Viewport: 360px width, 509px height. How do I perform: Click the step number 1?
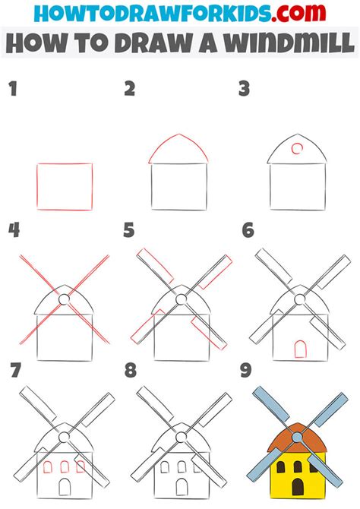click(x=12, y=90)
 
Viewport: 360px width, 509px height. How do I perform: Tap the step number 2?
click(x=130, y=90)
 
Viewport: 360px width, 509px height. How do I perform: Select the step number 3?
click(x=245, y=90)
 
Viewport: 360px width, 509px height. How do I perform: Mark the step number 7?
click(x=13, y=371)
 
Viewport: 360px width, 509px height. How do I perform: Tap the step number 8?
click(x=130, y=371)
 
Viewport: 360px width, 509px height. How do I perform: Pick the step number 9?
click(x=246, y=371)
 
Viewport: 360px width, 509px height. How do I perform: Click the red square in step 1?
click(x=65, y=186)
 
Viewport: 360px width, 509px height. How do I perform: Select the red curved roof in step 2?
click(x=178, y=150)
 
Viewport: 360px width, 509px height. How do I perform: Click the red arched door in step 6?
click(x=300, y=349)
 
